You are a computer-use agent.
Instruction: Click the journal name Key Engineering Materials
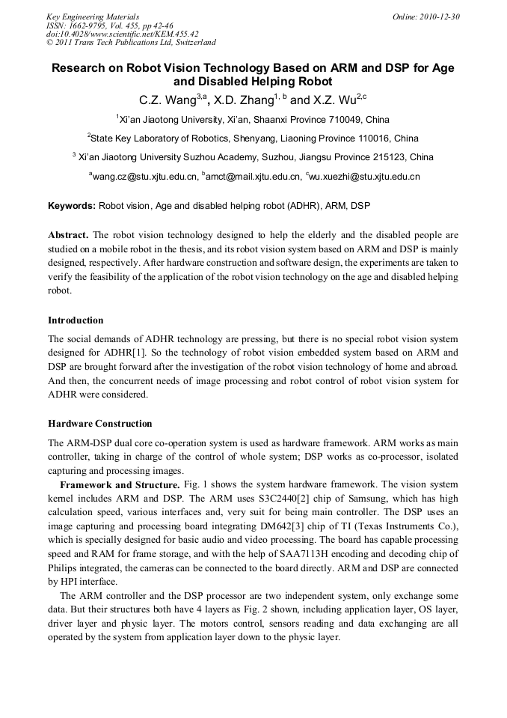pos(92,16)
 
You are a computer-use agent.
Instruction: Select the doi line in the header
pos(122,34)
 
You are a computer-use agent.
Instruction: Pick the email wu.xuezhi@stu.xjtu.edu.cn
pos(365,177)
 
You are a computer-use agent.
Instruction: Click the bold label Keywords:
pos(72,205)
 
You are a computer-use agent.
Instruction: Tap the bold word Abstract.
pos(69,234)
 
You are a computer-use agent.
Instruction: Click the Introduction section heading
pos(76,320)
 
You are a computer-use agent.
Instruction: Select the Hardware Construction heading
pos(99,424)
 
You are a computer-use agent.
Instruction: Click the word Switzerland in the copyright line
pos(191,43)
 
